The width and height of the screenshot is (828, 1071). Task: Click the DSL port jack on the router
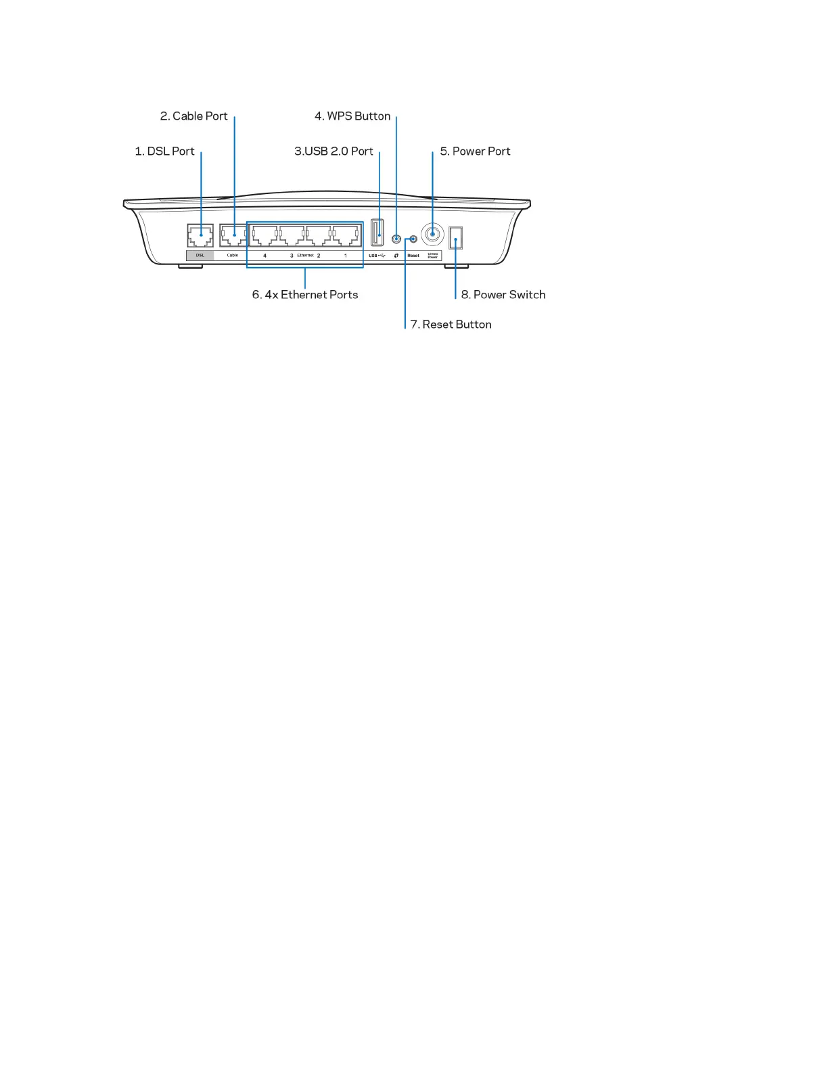[200, 236]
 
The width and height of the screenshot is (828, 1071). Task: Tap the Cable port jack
[233, 236]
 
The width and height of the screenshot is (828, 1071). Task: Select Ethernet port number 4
[264, 236]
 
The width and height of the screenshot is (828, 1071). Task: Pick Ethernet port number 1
[345, 236]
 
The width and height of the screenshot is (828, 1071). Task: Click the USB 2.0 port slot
[377, 233]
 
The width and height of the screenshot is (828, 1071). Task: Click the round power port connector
[432, 235]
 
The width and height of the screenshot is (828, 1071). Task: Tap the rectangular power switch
[455, 238]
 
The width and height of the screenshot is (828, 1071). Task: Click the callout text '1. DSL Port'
[164, 151]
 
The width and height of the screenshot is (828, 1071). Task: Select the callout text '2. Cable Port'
[193, 116]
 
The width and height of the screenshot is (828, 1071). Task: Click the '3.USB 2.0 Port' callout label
[333, 151]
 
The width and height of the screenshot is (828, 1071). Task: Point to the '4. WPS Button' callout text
[352, 116]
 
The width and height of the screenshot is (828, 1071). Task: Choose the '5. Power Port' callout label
[475, 151]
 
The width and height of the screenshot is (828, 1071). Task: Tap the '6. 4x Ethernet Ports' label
[305, 295]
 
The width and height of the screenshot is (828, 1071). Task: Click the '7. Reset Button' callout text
[451, 325]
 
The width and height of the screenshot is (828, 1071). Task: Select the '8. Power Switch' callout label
[503, 295]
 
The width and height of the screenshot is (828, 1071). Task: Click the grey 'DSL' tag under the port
[200, 256]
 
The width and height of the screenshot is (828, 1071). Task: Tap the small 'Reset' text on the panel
[413, 256]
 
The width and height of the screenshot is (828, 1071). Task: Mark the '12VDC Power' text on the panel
[433, 256]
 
